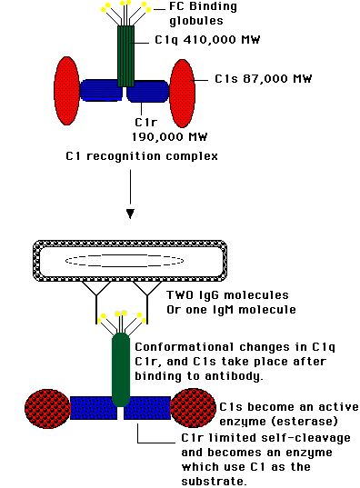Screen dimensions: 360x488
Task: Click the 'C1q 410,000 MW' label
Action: coord(207,40)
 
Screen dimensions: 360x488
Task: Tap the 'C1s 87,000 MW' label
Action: coord(263,79)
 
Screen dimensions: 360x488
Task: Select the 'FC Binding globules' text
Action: coord(203,14)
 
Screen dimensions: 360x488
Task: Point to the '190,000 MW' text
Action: coord(169,137)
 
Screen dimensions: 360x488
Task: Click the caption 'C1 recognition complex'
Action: coord(142,156)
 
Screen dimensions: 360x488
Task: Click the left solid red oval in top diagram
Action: coord(66,91)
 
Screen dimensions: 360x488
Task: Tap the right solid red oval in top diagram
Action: coord(183,94)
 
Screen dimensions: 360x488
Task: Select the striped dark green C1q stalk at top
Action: coord(125,56)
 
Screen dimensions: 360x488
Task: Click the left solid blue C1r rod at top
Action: coord(101,90)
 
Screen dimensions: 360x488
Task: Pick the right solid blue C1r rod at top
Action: coord(147,91)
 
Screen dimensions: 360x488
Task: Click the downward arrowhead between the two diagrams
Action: coord(130,214)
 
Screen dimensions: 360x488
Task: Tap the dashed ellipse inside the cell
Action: coord(125,261)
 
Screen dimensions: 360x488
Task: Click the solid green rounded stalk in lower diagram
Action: coord(121,370)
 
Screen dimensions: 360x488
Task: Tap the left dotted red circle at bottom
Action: coord(47,408)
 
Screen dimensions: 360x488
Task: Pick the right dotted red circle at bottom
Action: coord(194,408)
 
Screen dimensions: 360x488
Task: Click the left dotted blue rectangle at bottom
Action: coord(94,408)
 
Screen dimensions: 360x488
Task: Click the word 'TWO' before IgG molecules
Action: coord(180,295)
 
